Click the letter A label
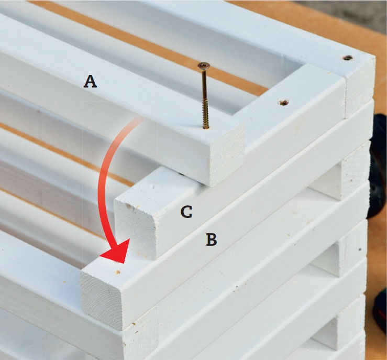click(90, 82)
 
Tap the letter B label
click(212, 239)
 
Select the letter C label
click(186, 212)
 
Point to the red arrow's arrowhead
click(116, 252)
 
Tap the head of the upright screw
click(204, 65)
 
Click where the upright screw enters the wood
click(205, 128)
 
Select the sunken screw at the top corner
click(348, 58)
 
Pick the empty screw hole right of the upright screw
click(284, 102)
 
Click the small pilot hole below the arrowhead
click(118, 272)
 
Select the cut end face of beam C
click(135, 227)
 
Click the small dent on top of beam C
click(152, 186)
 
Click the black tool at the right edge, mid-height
click(377, 168)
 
